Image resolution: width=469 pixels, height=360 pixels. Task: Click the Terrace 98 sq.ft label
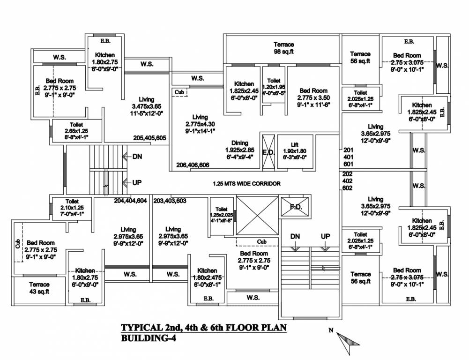[x=283, y=48]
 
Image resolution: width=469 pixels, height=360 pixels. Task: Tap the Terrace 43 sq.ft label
[x=39, y=288]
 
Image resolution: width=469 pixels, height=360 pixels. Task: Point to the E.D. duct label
[x=268, y=152]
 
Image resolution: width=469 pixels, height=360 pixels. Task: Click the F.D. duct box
[x=295, y=206]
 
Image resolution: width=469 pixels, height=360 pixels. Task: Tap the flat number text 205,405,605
[x=149, y=138]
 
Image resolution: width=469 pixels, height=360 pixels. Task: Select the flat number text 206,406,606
[x=193, y=165]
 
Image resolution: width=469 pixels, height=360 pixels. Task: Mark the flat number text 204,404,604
[x=130, y=200]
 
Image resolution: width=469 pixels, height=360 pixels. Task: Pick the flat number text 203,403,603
[x=170, y=200]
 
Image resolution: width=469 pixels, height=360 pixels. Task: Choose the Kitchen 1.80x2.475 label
[x=207, y=277]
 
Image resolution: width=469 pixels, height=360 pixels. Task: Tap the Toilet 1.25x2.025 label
[x=222, y=214]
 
